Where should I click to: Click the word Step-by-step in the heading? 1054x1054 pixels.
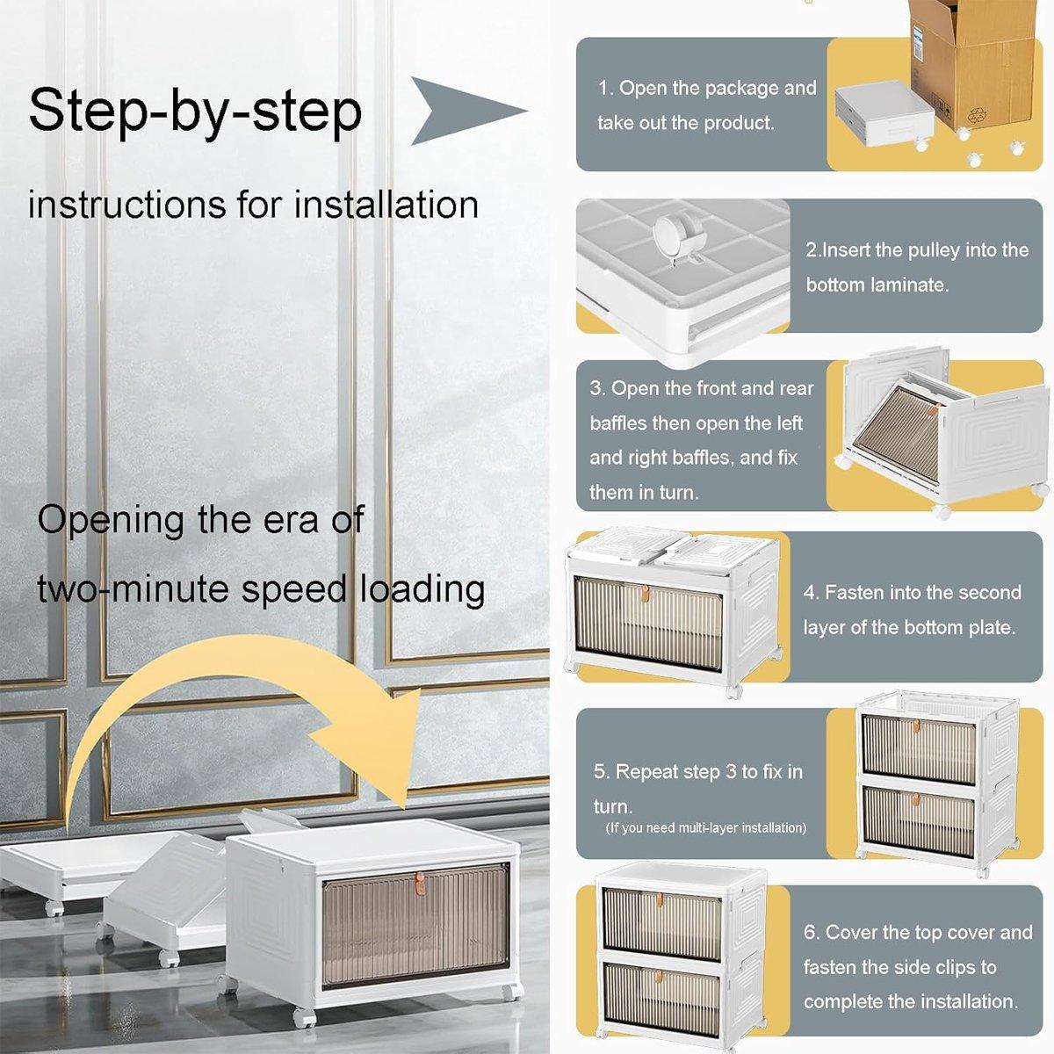click(195, 111)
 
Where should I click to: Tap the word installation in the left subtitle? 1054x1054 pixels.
click(386, 205)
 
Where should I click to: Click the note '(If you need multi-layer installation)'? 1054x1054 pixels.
click(705, 827)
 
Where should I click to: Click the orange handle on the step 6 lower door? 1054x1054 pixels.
click(659, 977)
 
